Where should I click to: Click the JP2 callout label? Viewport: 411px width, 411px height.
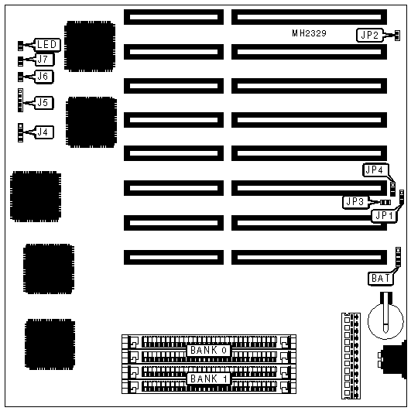click(370, 35)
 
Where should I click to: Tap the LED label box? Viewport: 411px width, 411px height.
click(47, 45)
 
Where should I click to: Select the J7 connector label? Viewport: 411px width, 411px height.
click(43, 60)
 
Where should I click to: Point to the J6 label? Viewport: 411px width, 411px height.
click(43, 77)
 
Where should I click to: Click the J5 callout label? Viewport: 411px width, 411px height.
click(43, 103)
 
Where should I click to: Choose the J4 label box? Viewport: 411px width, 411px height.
click(43, 132)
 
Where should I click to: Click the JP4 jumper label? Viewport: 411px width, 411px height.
click(375, 170)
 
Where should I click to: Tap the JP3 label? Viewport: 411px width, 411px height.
click(355, 202)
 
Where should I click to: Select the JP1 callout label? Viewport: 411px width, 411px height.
click(384, 216)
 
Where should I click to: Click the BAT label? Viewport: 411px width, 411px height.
click(381, 279)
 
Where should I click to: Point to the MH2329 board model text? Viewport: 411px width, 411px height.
click(309, 33)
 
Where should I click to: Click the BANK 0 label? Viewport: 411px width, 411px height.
click(209, 350)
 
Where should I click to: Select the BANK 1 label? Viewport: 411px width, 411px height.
click(209, 378)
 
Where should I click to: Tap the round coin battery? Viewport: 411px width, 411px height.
click(385, 320)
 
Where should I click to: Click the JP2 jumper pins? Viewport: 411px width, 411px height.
click(397, 36)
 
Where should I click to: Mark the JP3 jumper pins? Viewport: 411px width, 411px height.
click(385, 202)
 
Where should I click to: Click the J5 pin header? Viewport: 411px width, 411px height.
click(20, 100)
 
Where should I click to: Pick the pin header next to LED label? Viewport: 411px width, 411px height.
click(20, 46)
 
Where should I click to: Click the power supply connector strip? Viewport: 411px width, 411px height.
click(351, 356)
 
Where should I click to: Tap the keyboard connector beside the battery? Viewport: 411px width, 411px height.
click(394, 360)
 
